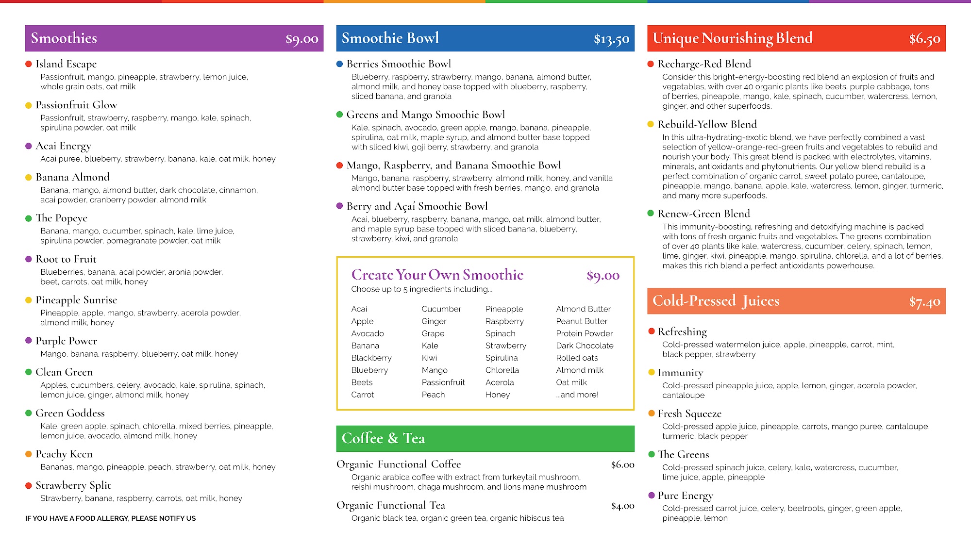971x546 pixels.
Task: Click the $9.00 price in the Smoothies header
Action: [x=301, y=39]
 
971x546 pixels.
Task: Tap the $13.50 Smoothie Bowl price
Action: [x=611, y=39]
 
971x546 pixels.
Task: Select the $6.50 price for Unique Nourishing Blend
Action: [x=924, y=39]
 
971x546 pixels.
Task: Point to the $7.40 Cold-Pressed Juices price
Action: [x=924, y=302]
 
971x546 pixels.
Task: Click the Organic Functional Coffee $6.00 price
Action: [x=622, y=465]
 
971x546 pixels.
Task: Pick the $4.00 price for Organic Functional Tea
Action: [x=622, y=506]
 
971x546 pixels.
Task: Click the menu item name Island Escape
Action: [x=66, y=64]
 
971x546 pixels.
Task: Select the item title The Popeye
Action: [x=61, y=218]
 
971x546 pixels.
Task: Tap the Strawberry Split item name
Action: [x=73, y=485]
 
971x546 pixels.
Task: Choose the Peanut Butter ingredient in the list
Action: [x=582, y=321]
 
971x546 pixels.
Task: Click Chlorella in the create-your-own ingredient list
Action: [x=502, y=370]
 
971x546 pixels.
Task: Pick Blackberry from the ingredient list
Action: [x=371, y=358]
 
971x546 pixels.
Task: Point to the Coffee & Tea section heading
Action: [x=383, y=438]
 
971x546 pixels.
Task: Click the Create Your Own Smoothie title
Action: [x=437, y=275]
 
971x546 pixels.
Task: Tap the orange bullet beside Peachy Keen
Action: [x=29, y=454]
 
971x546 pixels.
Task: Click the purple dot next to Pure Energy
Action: [x=652, y=496]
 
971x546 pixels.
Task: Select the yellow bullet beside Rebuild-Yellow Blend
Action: [x=651, y=124]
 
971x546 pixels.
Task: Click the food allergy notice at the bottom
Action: [x=111, y=518]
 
